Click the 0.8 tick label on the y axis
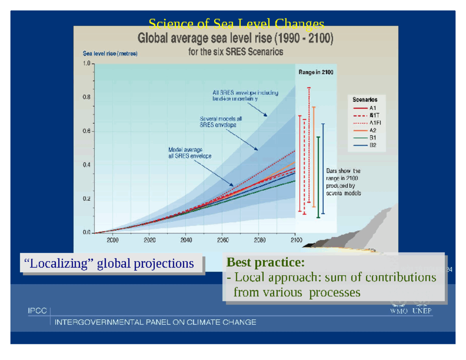point(86,97)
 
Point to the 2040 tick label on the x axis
point(186,240)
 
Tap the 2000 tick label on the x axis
point(112,240)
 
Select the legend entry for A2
point(372,130)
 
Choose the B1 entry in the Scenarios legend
point(372,138)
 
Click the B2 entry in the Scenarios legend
point(372,145)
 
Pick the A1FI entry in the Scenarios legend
point(375,123)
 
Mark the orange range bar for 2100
point(314,157)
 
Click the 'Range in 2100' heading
point(316,72)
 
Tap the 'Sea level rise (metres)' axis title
point(110,54)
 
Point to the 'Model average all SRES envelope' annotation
point(189,153)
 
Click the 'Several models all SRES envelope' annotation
point(220,122)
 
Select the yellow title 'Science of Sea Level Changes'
point(236,24)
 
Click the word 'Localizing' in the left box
point(59,264)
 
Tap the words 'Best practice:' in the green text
point(265,262)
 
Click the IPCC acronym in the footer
point(37,311)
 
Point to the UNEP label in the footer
point(422,311)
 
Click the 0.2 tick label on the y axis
point(86,199)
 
